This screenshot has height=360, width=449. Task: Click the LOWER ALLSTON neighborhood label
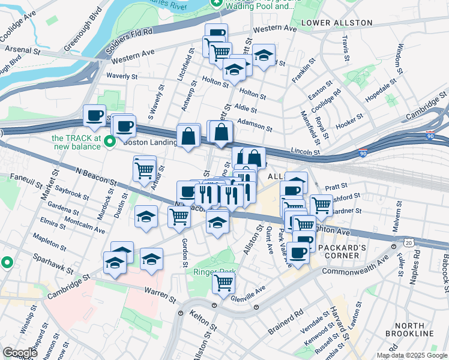[337, 23]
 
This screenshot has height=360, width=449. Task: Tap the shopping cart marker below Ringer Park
[223, 283]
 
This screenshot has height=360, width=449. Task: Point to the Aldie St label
[247, 110]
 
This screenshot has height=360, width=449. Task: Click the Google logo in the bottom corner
[20, 352]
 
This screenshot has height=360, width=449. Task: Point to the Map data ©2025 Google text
[411, 355]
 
